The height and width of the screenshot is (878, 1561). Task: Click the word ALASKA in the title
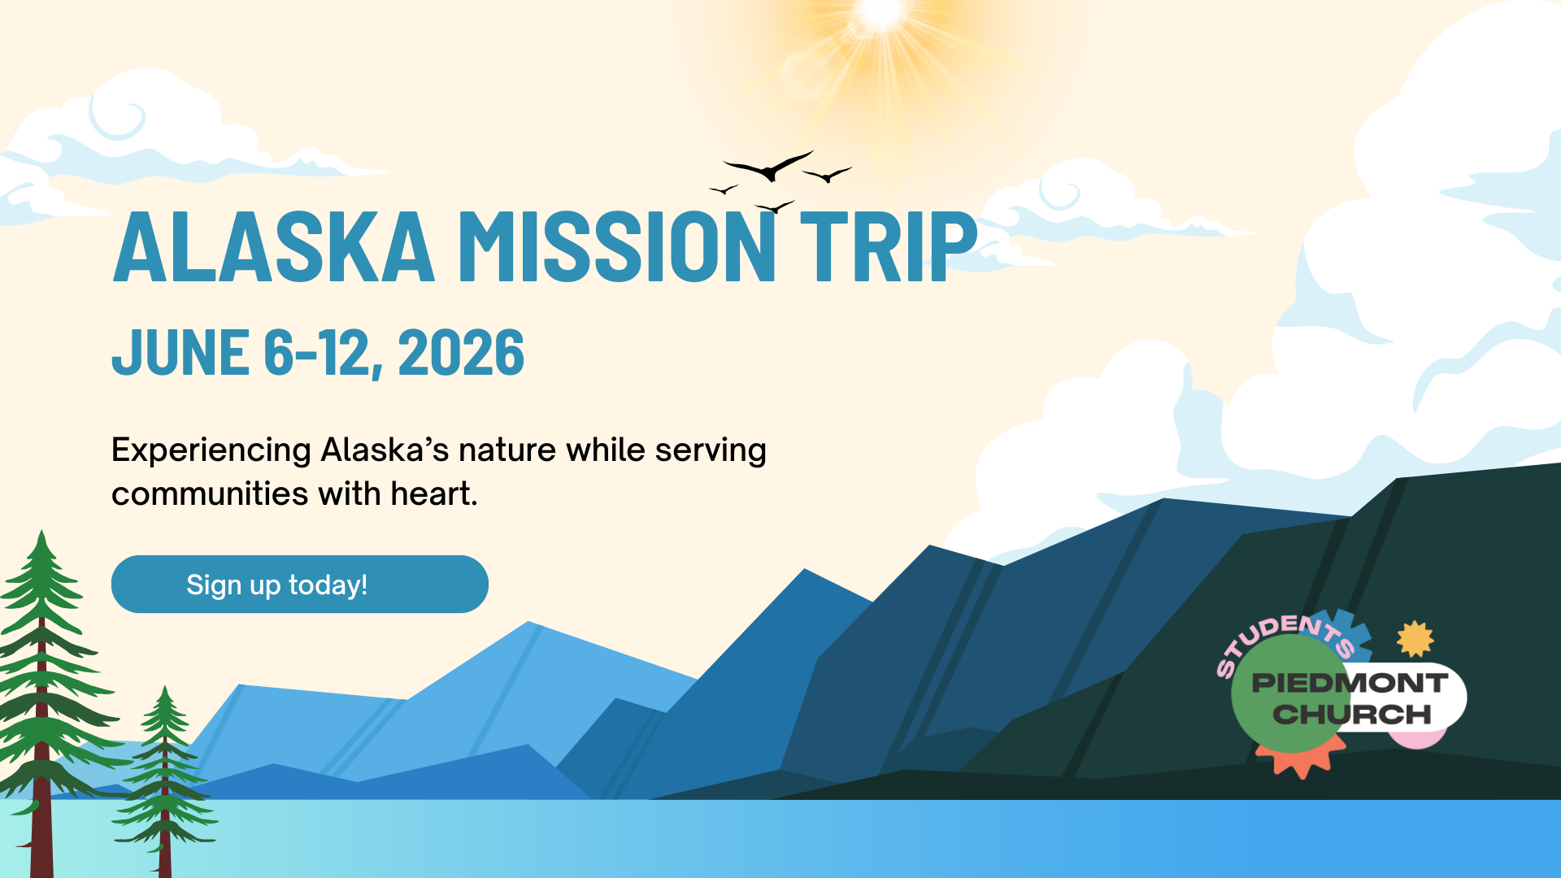pos(274,246)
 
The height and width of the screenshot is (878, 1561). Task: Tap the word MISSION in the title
pos(617,246)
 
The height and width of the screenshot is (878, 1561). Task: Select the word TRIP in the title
pos(889,246)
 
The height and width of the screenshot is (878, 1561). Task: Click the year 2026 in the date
pos(461,353)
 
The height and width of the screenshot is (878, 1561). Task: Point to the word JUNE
pos(181,353)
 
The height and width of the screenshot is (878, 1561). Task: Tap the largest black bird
pos(768,167)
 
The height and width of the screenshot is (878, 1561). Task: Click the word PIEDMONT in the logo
pos(1350,683)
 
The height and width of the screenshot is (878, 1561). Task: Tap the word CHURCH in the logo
pos(1351,715)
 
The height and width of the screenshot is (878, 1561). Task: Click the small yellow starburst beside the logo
pos(1415,639)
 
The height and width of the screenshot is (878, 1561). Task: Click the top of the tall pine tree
pos(41,531)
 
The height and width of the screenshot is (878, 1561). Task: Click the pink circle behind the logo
pos(1417,736)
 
